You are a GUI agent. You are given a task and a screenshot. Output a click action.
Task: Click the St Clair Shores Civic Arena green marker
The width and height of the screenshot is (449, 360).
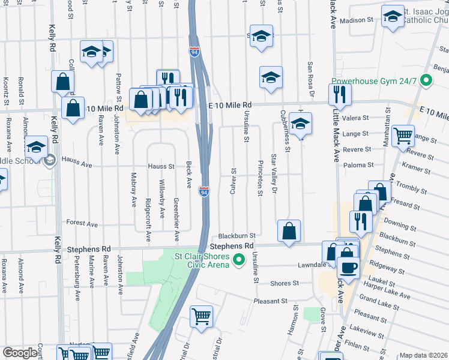tap(239, 260)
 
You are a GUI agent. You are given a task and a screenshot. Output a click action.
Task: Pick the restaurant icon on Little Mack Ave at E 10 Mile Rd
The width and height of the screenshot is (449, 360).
tap(340, 94)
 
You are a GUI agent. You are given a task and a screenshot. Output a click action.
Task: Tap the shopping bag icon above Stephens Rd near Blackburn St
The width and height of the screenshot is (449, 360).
tap(289, 230)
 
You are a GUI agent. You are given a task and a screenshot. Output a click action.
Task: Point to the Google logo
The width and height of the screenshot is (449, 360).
tap(20, 353)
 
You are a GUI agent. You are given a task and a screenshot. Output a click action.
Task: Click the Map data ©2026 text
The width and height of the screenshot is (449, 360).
tap(423, 355)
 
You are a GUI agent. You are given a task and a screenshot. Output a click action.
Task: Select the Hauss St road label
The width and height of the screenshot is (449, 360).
tap(161, 166)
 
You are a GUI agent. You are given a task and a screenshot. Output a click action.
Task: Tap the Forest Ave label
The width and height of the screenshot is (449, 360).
tap(82, 224)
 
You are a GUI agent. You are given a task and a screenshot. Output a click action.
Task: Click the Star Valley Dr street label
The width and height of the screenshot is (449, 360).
tap(274, 175)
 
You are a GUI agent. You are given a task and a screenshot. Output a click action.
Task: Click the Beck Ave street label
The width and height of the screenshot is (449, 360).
tap(188, 173)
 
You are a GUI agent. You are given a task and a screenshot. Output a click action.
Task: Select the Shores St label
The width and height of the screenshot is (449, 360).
tap(285, 283)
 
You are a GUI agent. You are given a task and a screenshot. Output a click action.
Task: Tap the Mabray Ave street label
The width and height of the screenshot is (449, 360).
tap(133, 189)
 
